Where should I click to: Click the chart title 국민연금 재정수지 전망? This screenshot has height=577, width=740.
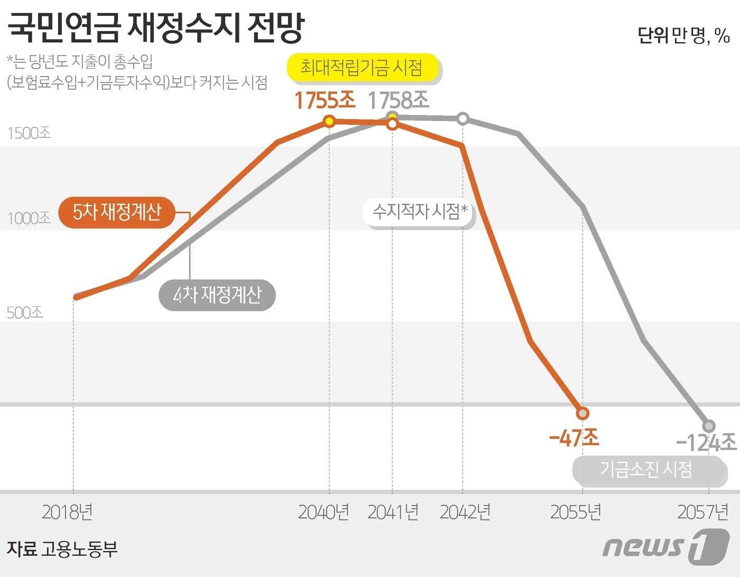pos(156,27)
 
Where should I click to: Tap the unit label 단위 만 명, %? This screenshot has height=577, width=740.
pos(683,35)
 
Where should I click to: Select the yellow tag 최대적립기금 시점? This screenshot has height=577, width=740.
pos(363,68)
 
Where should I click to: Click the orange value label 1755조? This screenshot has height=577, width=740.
pos(325,100)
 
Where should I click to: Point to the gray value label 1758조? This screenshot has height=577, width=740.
pos(398,100)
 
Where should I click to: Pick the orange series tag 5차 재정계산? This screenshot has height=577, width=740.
pos(117,212)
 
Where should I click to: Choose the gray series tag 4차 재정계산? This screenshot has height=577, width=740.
pos(217,295)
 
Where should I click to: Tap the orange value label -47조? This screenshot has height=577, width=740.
pos(574,438)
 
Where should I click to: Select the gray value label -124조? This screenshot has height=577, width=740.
pos(706,442)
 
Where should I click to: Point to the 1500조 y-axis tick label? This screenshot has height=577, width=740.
pos(29,133)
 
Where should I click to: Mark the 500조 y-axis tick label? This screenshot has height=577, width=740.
pos(24,313)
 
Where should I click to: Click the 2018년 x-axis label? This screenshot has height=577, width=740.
pos(67,512)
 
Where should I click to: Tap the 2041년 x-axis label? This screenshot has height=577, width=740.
pos(393,512)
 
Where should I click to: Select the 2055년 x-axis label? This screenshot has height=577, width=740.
pos(576,512)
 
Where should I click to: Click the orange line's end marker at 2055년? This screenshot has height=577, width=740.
pos(582,413)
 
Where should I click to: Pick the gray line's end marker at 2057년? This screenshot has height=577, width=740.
pos(709,425)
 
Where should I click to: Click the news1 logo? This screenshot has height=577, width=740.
pos(665,547)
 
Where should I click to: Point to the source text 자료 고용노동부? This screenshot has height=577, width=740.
pos(62,549)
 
